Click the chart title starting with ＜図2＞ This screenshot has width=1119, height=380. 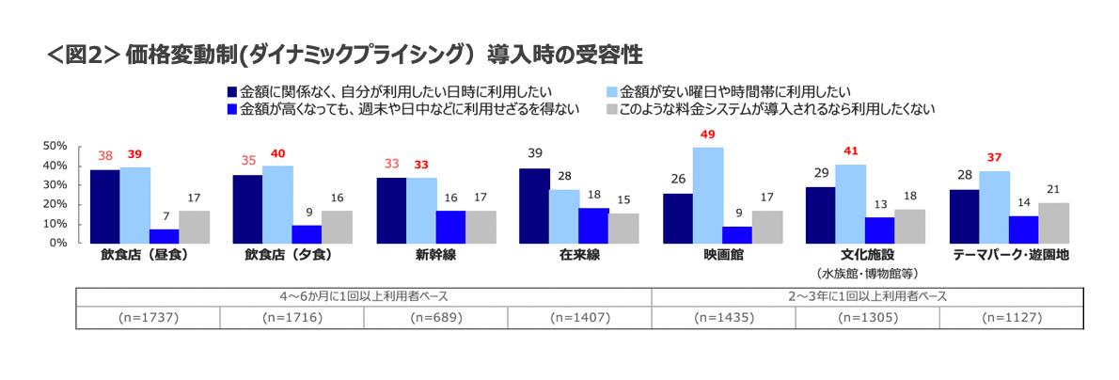344,54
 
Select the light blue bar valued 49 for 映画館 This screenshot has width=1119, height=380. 708,195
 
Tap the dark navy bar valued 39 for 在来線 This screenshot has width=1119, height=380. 534,205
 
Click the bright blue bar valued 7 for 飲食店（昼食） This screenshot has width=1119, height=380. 165,236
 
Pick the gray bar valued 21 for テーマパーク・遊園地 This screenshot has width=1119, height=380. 1052,223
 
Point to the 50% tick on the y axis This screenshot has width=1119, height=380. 55,146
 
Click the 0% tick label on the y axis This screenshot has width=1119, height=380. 57,243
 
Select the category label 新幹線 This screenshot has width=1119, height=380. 435,256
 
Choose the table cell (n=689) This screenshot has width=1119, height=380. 436,318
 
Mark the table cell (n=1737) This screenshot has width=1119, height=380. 149,318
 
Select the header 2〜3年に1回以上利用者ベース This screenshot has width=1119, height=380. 867,295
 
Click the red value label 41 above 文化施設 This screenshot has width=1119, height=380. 850,150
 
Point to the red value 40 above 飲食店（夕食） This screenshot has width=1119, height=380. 277,153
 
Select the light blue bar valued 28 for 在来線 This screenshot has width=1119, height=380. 564,215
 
